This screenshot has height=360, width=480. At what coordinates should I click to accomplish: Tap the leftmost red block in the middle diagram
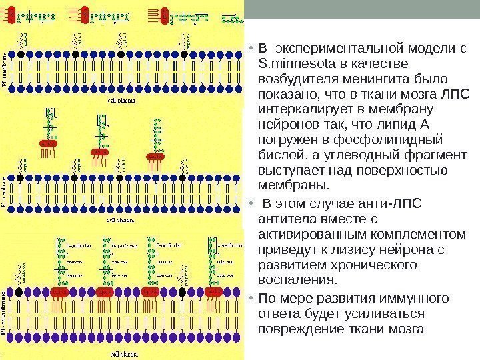coord(49,143)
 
